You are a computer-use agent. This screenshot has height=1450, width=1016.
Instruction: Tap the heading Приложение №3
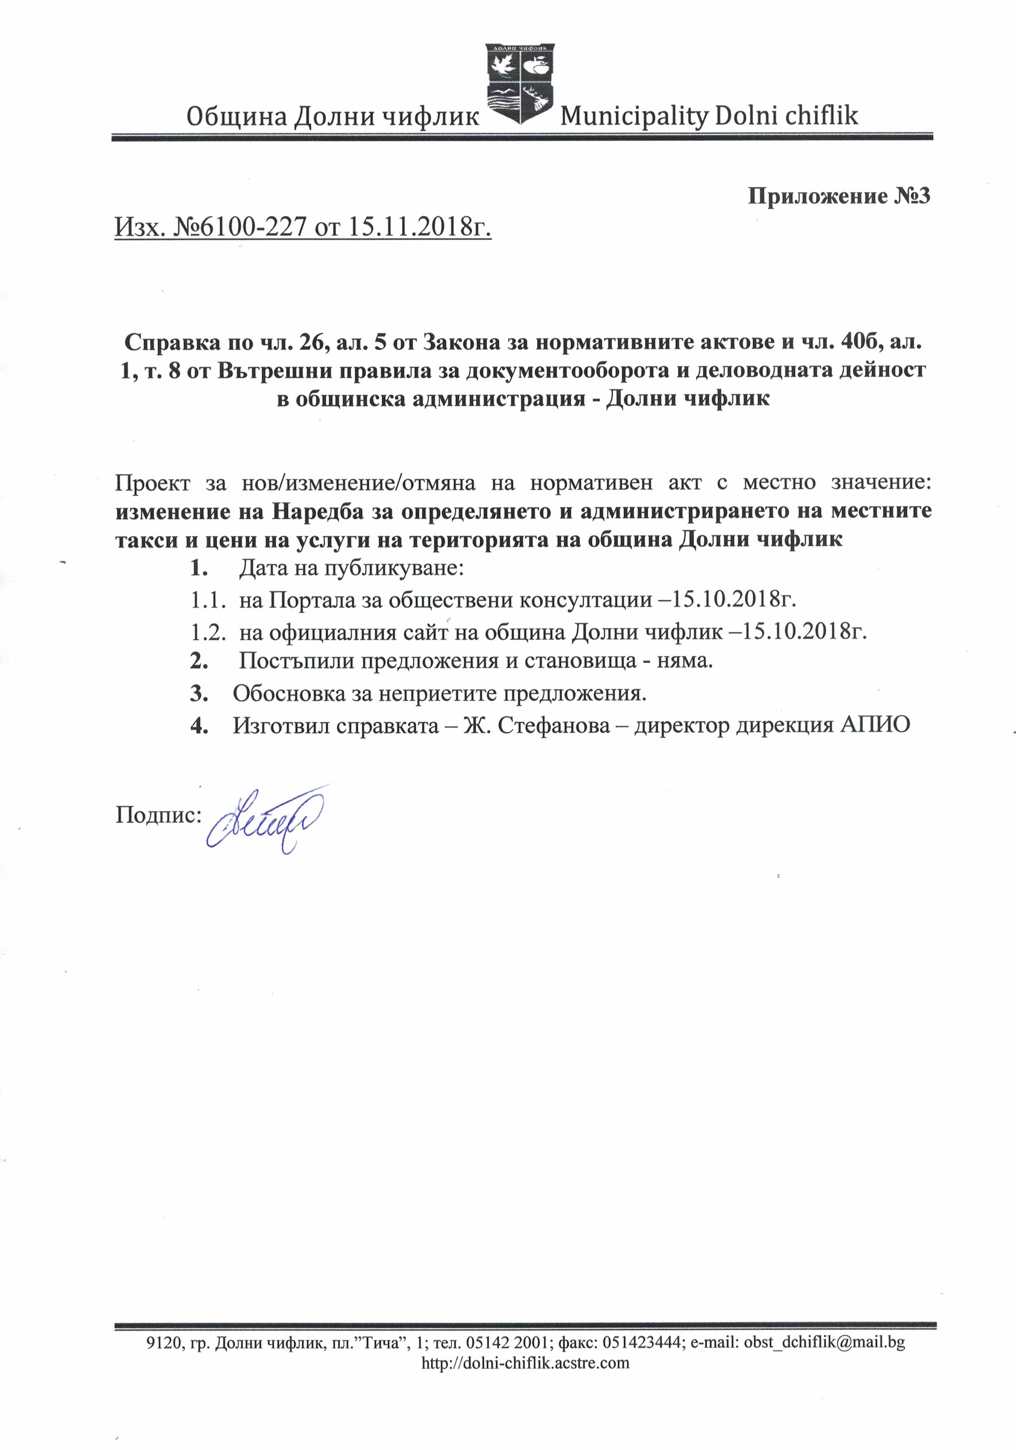tap(838, 197)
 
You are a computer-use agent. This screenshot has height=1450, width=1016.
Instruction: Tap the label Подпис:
tap(158, 815)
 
